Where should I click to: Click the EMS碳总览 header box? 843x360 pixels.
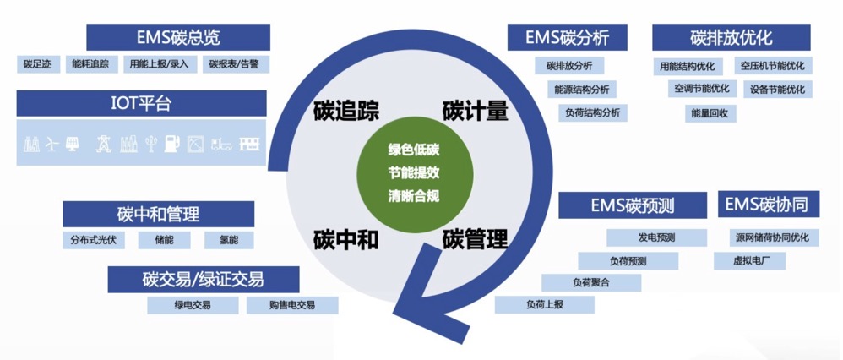178,37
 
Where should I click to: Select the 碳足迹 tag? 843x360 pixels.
38,64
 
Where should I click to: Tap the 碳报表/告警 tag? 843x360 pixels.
236,64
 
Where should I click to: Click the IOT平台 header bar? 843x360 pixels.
141,103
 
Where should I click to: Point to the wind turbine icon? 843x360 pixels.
51,144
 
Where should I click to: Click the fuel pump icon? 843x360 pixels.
171,143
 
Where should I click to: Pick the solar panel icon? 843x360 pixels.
72,144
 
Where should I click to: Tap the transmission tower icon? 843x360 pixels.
103,143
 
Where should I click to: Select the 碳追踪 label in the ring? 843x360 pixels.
346,111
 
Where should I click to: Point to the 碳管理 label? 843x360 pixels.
476,237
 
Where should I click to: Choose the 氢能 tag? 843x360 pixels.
229,240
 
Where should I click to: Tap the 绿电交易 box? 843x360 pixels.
193,305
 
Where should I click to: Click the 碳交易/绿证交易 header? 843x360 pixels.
204,279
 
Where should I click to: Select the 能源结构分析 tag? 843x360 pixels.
582,90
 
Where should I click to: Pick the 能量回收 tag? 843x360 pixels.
710,113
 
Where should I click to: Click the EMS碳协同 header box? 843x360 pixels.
769,205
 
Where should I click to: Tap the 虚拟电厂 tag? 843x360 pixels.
749,261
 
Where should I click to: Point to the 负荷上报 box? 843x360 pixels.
545,304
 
